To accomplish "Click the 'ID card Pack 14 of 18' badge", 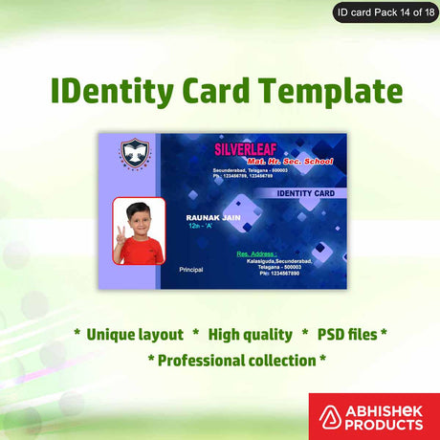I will tap(383, 12).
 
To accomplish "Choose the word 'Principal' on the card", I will tap(191, 271).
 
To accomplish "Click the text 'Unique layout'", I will tap(134, 335).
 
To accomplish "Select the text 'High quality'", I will tap(250, 335).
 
